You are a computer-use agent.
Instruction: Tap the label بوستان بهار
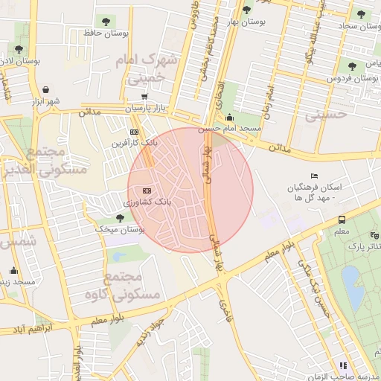click(x=248, y=22)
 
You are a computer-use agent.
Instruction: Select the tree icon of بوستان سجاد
click(x=361, y=14)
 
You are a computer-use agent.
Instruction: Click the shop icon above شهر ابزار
click(x=47, y=89)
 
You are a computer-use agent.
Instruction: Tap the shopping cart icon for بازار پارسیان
click(x=143, y=97)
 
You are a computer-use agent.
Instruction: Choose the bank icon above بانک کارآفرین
click(x=134, y=132)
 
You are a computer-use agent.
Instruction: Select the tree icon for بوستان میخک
click(x=120, y=217)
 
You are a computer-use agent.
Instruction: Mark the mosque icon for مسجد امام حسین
click(x=229, y=117)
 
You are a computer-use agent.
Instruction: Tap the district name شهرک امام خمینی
click(x=151, y=67)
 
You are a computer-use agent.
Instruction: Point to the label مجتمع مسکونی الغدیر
click(x=57, y=160)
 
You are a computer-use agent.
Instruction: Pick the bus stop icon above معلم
click(x=342, y=220)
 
